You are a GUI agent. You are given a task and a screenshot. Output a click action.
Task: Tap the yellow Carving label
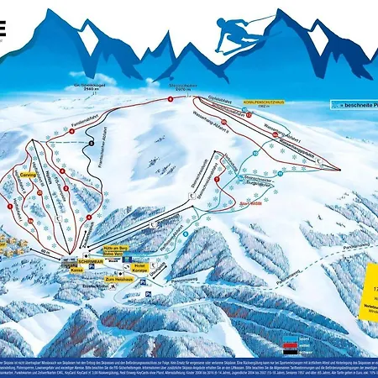point(28,174)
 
